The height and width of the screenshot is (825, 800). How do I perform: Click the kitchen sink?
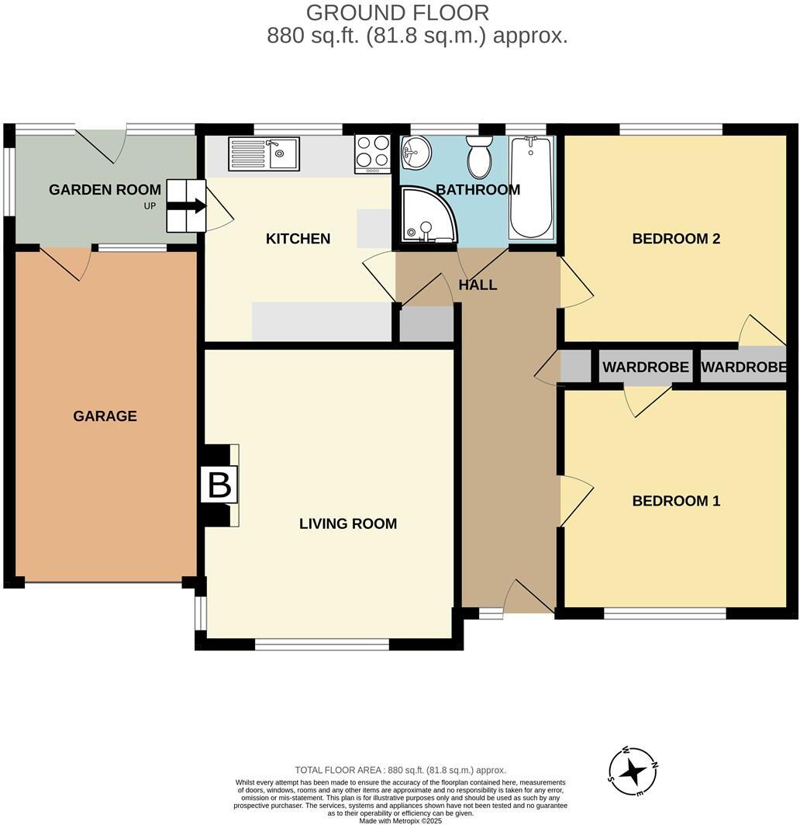(x=264, y=154)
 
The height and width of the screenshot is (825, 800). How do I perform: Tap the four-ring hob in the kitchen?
(x=372, y=154)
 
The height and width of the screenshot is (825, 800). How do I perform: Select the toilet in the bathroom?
(x=480, y=157)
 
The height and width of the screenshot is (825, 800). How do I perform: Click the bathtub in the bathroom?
(x=531, y=187)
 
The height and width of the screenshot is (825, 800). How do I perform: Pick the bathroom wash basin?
(x=416, y=153)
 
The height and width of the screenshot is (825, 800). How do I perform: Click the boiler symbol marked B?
(x=219, y=486)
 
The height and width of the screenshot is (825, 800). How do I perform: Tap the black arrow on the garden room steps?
(x=187, y=205)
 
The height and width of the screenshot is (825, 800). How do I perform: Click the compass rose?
(x=633, y=771)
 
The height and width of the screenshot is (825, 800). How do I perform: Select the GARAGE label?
(x=105, y=416)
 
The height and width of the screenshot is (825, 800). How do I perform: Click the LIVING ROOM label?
(x=348, y=524)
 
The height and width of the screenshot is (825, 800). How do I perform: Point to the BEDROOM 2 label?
(x=676, y=239)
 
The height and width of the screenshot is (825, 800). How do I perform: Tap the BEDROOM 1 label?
(x=676, y=501)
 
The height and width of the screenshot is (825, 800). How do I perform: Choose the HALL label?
(x=478, y=285)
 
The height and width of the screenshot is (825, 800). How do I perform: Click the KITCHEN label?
(x=298, y=239)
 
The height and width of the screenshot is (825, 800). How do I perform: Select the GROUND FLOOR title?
(x=398, y=13)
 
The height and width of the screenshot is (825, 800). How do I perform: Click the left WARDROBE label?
(x=646, y=368)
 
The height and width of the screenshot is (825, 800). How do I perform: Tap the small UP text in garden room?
(x=149, y=206)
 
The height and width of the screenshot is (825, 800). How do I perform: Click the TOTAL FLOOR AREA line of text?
(x=400, y=770)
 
